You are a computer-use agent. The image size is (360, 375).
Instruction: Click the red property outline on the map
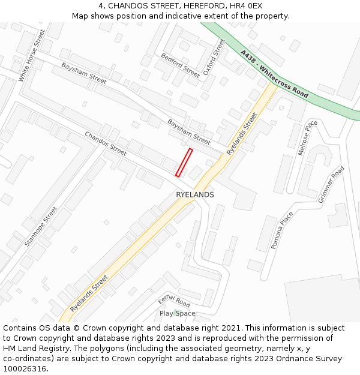point(184,163)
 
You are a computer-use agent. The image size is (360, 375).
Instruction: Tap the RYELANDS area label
point(194,195)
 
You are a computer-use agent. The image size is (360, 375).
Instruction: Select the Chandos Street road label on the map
point(106,143)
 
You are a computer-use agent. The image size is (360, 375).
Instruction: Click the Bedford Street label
point(180,65)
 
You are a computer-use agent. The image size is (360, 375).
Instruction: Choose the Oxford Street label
point(214,57)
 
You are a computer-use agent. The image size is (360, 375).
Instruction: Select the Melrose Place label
point(308,138)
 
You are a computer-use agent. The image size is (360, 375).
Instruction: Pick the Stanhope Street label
point(41,227)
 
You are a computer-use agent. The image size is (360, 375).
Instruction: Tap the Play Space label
point(177,313)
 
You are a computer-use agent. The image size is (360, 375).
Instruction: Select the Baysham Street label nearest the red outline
point(188,131)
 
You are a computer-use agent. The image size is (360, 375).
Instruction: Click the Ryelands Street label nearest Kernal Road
point(89,293)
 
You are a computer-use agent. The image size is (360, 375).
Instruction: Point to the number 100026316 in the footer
point(24,368)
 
